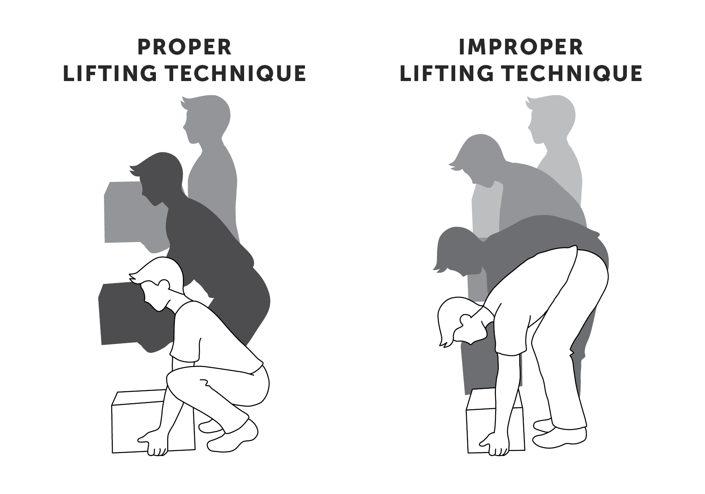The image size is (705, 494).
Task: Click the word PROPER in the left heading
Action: click(185, 47)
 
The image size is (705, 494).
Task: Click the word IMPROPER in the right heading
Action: click(521, 47)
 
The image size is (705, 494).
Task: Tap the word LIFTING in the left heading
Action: click(110, 73)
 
